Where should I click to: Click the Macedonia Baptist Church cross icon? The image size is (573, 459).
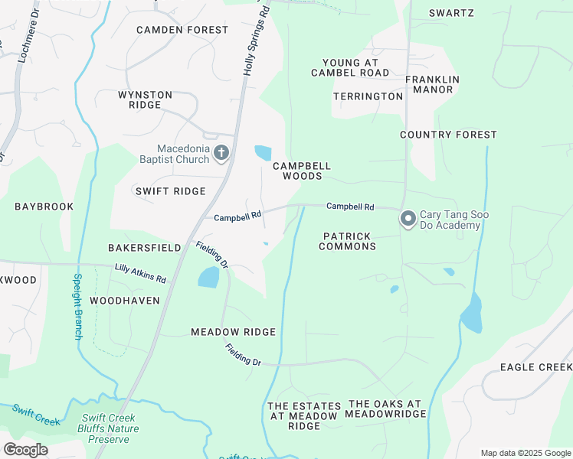point(221,154)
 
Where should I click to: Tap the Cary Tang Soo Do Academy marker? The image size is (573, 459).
point(408,220)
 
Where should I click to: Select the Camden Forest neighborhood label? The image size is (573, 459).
point(182,30)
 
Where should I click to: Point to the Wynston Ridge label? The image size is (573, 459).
point(145,99)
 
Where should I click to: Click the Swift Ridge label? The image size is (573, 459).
point(170,191)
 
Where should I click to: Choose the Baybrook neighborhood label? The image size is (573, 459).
point(44,207)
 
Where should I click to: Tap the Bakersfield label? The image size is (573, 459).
point(144,248)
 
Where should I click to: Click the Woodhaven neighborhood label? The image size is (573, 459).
point(125,301)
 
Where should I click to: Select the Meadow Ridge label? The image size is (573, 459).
point(233,332)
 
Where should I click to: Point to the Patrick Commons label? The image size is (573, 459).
point(348,242)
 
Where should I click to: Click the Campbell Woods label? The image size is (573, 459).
point(302,171)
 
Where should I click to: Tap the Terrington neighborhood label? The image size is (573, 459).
point(368,96)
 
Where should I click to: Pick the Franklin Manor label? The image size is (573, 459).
point(432,84)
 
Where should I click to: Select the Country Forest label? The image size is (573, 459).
point(448,135)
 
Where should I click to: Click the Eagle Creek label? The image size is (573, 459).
point(535,367)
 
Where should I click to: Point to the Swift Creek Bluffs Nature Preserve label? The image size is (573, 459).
point(113,428)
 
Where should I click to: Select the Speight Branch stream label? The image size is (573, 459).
point(77,307)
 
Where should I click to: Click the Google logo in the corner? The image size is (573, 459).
point(25,450)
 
